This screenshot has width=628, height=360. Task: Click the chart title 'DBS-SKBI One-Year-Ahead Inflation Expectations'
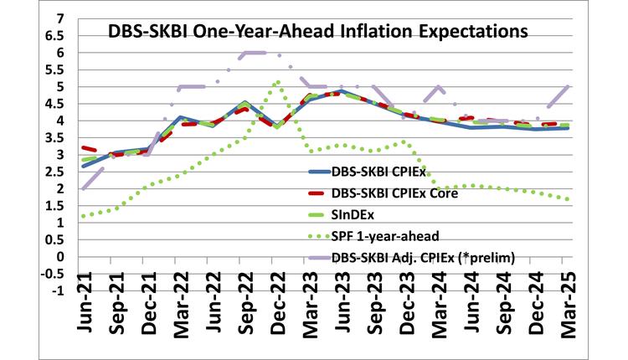click(317, 33)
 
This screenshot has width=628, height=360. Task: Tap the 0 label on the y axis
click(62, 256)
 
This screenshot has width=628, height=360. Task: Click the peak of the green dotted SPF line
click(277, 81)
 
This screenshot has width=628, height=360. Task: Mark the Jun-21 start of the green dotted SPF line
click(84, 216)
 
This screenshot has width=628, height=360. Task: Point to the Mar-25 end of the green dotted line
click(569, 199)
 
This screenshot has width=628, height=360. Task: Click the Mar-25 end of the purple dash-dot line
click(569, 86)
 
